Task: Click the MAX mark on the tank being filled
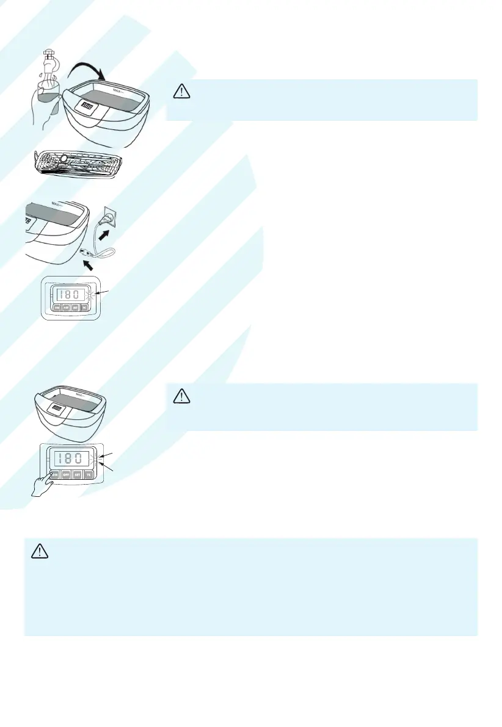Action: click(x=118, y=91)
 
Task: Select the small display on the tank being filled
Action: click(x=86, y=106)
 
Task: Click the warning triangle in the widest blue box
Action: click(x=39, y=551)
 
